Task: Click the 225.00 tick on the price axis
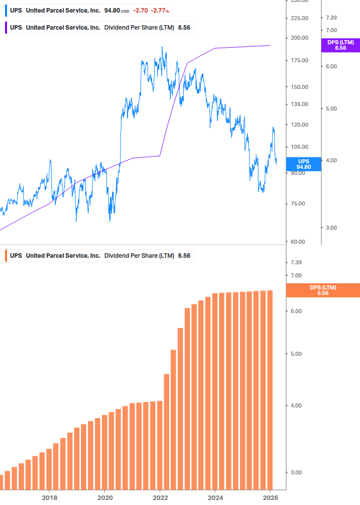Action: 299,18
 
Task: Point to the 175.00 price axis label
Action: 299,61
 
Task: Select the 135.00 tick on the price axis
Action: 299,105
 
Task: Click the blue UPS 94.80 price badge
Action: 303,164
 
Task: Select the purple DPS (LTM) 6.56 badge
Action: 340,45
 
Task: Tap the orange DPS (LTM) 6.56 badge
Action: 322,290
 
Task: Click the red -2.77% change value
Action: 160,11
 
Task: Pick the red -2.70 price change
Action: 140,11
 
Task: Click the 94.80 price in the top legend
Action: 112,11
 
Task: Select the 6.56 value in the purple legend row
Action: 184,28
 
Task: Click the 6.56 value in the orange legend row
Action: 184,256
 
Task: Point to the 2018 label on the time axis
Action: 49,498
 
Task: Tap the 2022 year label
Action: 160,498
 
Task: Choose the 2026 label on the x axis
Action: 271,498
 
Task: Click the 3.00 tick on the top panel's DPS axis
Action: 331,228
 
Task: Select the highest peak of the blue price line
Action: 162,48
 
